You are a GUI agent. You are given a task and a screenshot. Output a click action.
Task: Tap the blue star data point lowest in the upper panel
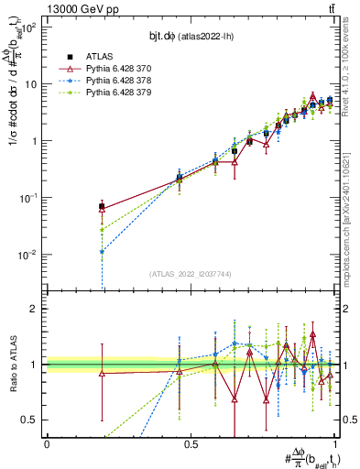click(x=102, y=252)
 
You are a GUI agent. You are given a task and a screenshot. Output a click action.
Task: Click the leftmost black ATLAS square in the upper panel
click(x=102, y=207)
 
